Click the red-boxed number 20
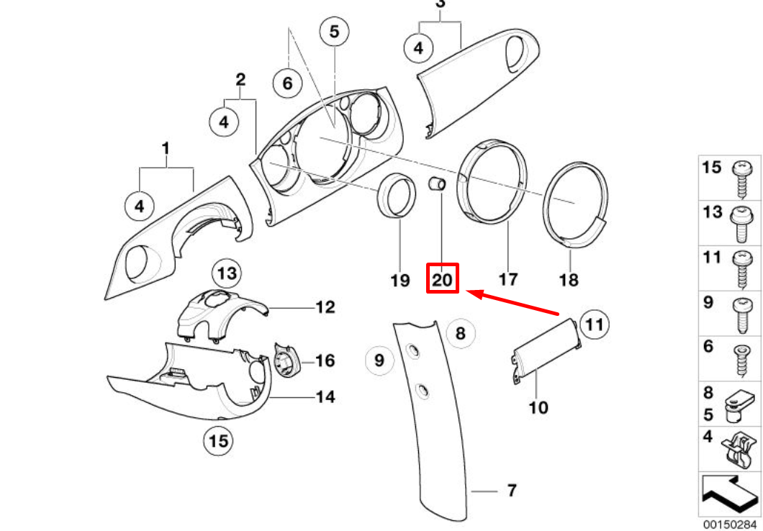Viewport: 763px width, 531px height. point(443,278)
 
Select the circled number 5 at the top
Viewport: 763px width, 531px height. point(333,32)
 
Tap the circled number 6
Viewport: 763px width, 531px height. point(287,83)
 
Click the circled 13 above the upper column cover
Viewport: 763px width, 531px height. point(227,273)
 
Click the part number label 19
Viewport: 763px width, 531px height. point(400,280)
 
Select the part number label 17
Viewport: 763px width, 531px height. point(507,278)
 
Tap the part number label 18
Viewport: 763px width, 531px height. point(569,279)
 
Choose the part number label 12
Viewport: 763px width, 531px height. point(325,308)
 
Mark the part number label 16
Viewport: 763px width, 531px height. point(325,360)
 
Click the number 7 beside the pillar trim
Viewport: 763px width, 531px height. point(511,491)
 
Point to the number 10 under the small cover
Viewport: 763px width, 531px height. point(538,408)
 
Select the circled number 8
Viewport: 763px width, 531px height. point(461,332)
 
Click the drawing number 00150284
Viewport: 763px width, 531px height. point(730,525)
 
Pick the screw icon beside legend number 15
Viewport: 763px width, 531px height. point(741,178)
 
